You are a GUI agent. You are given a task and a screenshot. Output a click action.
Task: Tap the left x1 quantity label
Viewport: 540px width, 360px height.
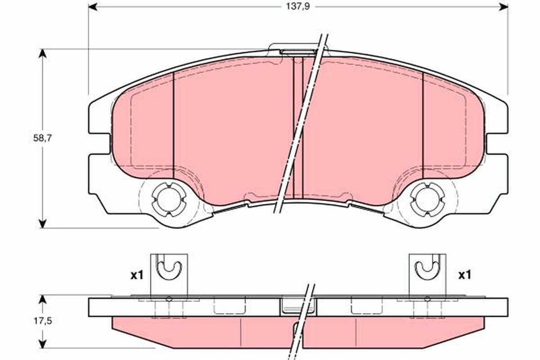point(136,275)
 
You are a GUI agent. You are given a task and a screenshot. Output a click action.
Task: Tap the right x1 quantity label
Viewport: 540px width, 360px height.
point(464,275)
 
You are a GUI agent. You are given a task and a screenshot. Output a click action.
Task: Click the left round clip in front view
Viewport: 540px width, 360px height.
point(168,199)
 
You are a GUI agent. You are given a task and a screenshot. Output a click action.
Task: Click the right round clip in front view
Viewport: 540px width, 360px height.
point(426,199)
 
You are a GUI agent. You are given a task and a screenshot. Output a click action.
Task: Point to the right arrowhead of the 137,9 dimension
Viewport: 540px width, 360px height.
point(504,7)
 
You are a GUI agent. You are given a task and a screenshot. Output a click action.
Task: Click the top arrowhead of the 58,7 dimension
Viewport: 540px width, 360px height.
point(42,53)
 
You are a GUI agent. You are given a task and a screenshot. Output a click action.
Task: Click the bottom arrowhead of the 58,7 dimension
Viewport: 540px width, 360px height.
point(42,224)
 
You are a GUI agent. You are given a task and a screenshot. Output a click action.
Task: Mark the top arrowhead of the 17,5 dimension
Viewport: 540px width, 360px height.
point(42,299)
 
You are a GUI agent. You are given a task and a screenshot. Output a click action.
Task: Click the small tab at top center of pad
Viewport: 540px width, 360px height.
point(297,49)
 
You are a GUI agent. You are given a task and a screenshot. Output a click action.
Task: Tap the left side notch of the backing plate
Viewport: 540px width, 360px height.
point(99,144)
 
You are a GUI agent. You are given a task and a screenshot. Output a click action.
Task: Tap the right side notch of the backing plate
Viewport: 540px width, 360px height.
point(497,144)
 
